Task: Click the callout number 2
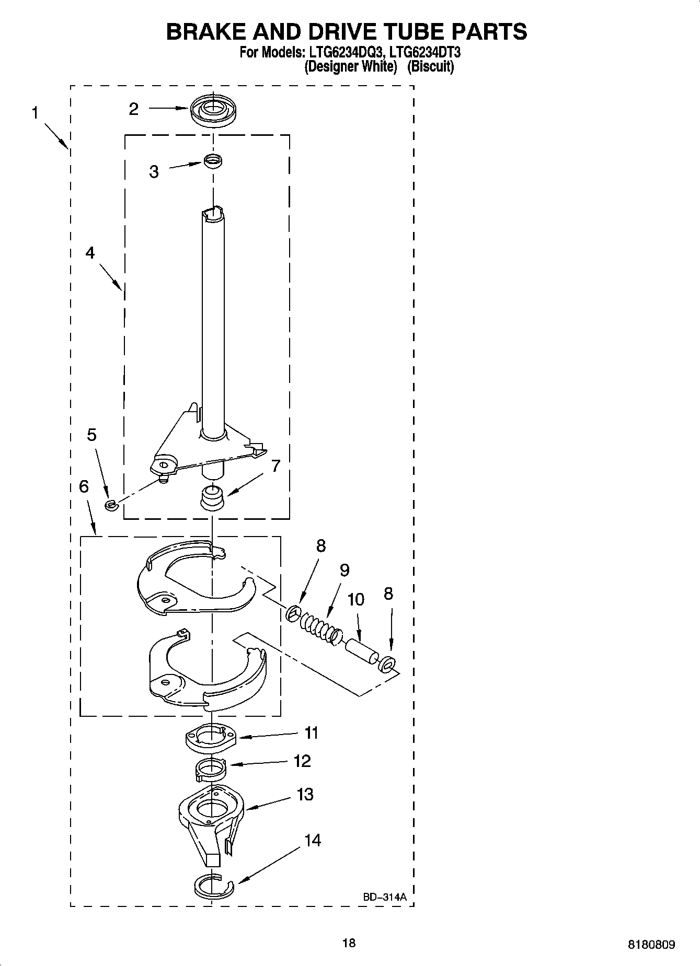coord(134,109)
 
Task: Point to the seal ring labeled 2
coord(213,110)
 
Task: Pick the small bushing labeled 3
coord(213,161)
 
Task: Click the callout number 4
coord(90,253)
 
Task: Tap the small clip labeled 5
coord(110,505)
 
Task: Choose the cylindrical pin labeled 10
coord(361,649)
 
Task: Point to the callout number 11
coord(311,734)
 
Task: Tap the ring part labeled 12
coord(212,769)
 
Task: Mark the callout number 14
coord(312,841)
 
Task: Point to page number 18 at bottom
coord(349,943)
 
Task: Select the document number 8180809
coord(651,945)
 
